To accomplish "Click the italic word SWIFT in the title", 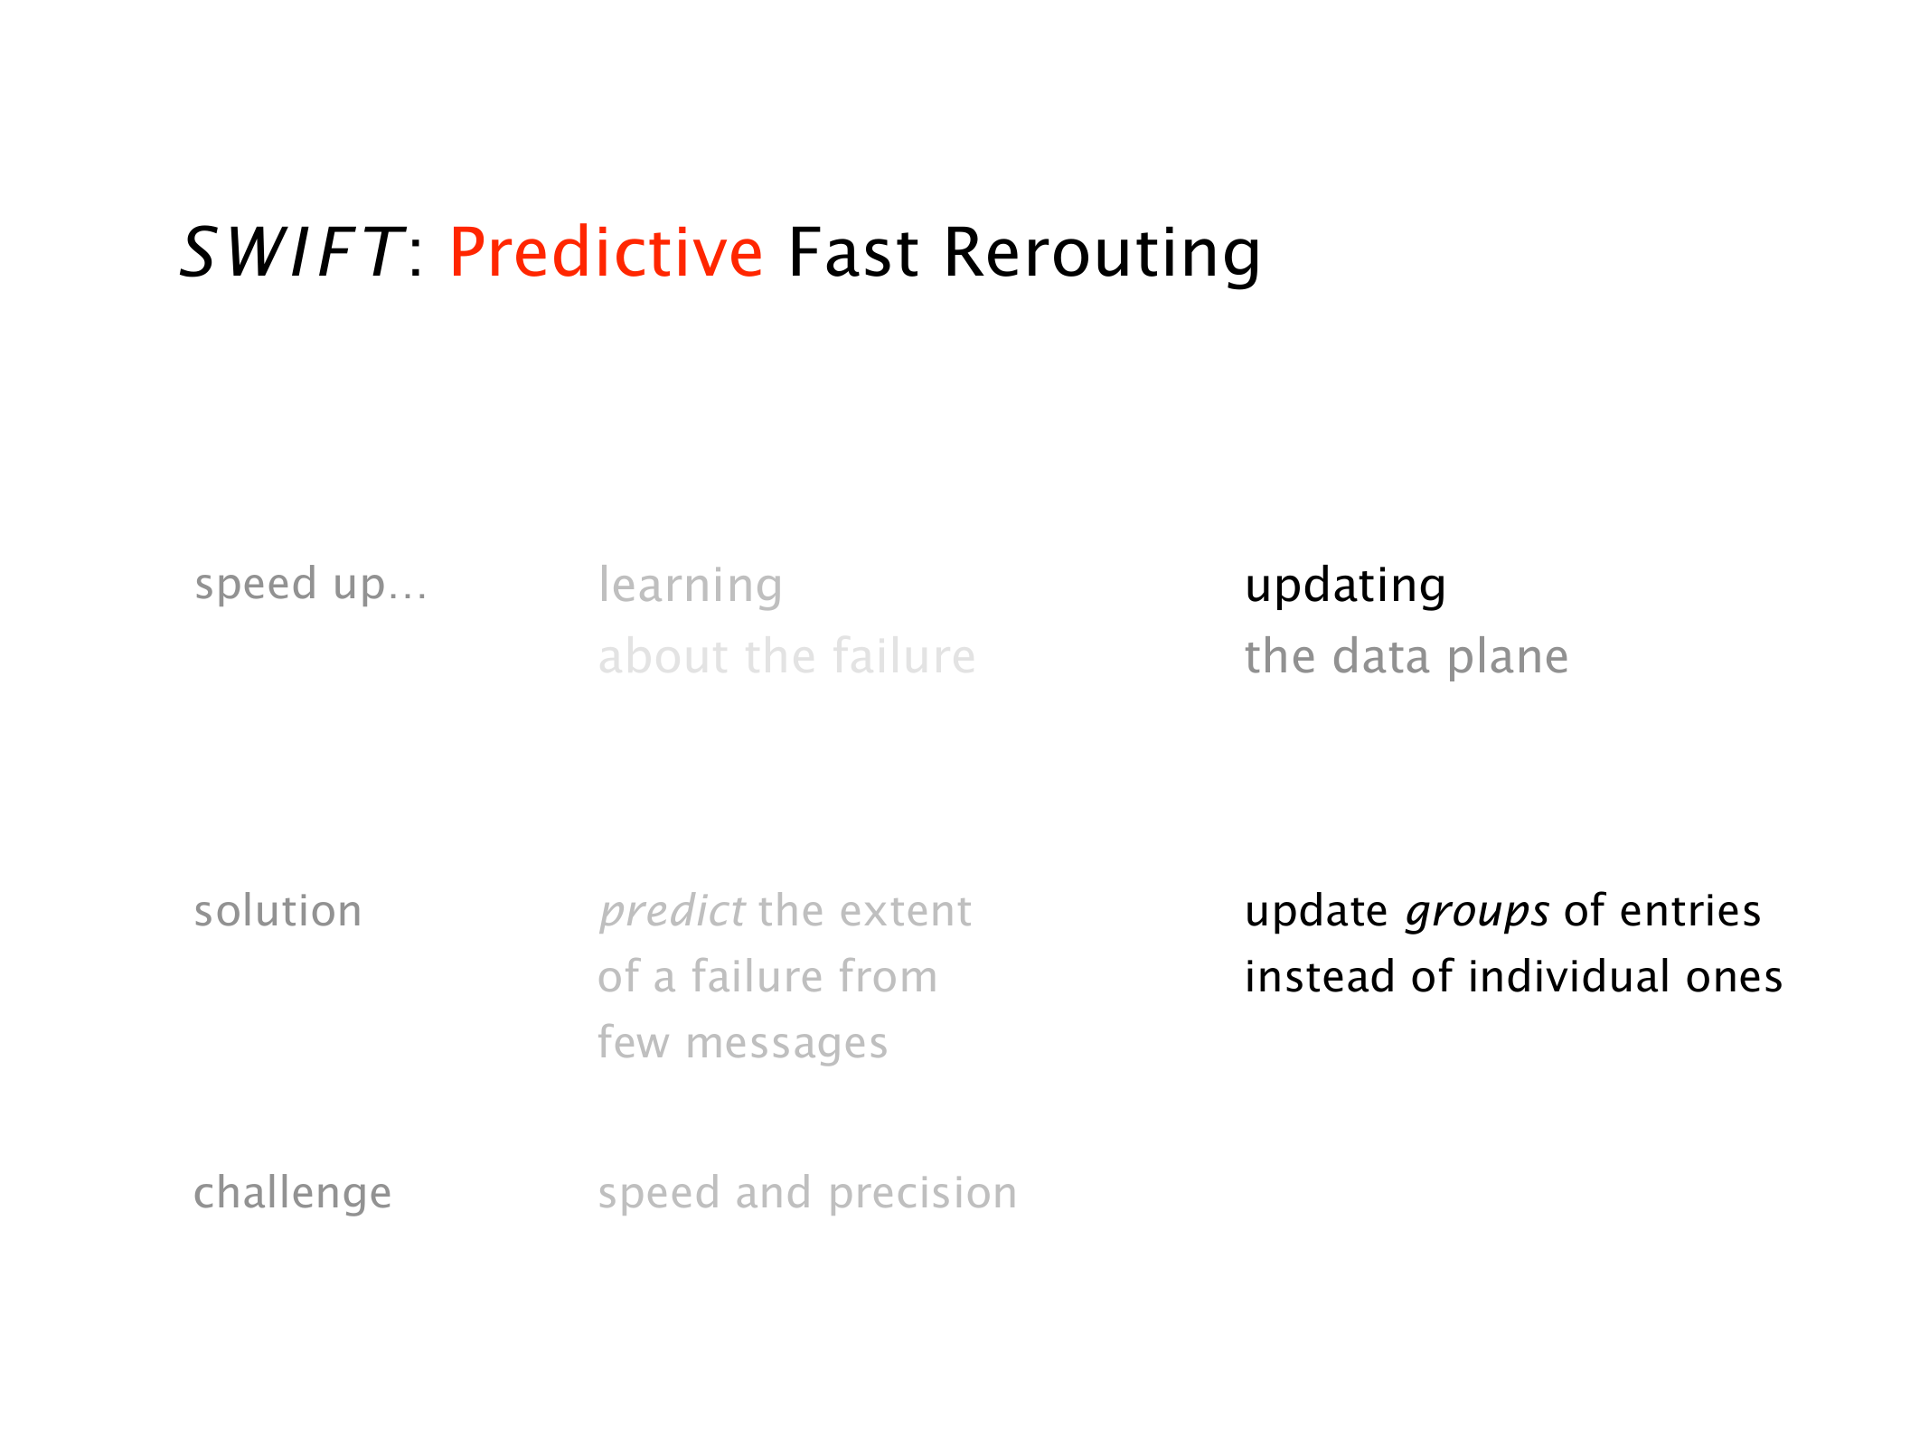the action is (291, 252).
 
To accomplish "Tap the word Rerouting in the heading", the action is (1102, 255).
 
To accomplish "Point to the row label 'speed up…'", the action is (311, 586).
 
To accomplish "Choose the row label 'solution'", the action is (278, 911).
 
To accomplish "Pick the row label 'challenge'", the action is (293, 1194).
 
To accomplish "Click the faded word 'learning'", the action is (691, 587).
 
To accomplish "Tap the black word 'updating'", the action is (1345, 587).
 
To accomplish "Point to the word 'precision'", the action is (923, 1194).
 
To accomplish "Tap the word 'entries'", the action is (1690, 911).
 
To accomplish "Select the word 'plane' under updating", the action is (1508, 658).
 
